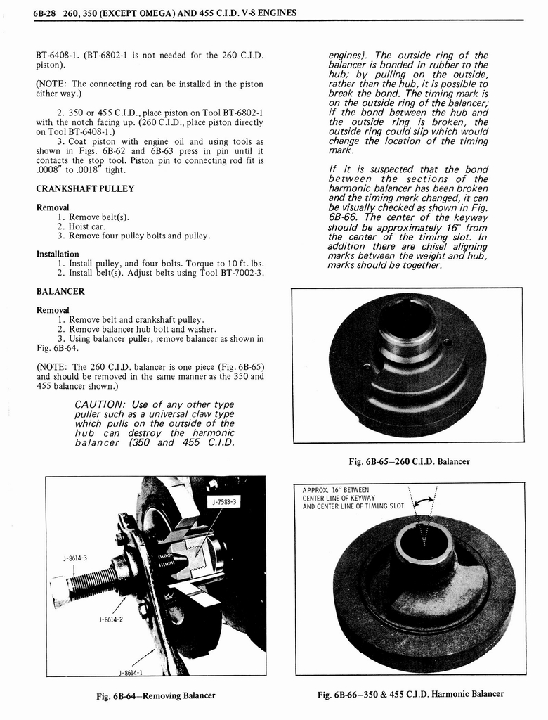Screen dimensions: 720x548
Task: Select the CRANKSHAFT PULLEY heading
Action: [x=85, y=189]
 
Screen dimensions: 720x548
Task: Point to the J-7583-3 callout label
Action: [x=225, y=501]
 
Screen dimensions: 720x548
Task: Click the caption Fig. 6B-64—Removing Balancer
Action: [x=156, y=696]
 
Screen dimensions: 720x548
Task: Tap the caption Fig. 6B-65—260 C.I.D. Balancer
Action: [x=409, y=461]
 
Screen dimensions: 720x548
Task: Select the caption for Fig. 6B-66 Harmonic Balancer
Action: [x=410, y=694]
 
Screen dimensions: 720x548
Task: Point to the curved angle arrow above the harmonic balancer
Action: [x=423, y=501]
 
